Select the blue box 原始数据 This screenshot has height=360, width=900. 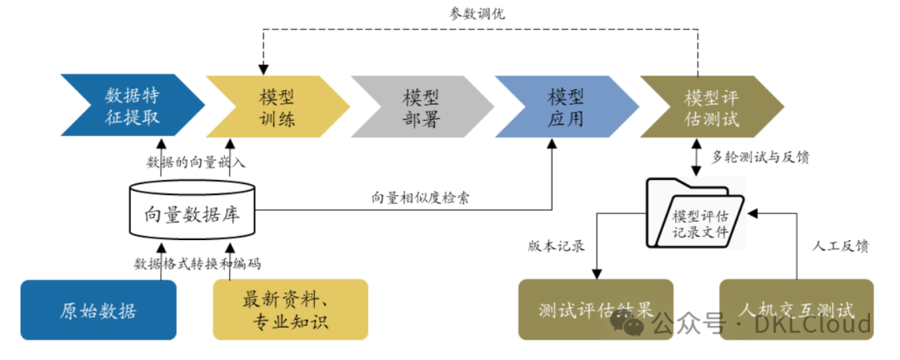pyautogui.click(x=98, y=310)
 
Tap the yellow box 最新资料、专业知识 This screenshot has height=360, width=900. pyautogui.click(x=291, y=310)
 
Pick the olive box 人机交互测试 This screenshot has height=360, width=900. pyautogui.click(x=796, y=310)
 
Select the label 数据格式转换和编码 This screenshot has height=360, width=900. pyautogui.click(x=197, y=264)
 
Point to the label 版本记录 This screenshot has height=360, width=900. pyautogui.click(x=556, y=247)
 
